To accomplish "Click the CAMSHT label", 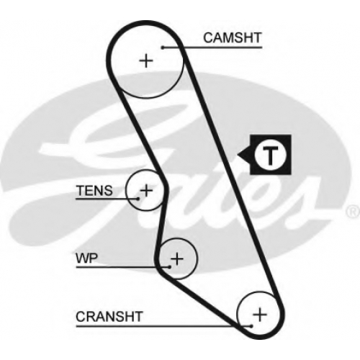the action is click(x=232, y=38).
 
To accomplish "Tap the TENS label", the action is click(x=94, y=191).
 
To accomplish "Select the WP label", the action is click(x=87, y=258).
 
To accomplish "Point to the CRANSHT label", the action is click(x=109, y=317).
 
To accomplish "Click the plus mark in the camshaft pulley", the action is click(x=146, y=60).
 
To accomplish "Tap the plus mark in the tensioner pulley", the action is click(x=146, y=190).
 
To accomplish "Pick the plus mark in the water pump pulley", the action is click(x=177, y=258).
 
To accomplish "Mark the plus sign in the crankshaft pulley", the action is click(x=260, y=315).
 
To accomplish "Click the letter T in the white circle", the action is click(x=271, y=155).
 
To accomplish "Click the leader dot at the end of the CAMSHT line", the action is click(x=163, y=48).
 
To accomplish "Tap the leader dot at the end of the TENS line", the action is click(x=138, y=199).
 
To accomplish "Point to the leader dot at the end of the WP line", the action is click(x=169, y=266).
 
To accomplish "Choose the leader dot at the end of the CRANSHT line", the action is click(x=251, y=326).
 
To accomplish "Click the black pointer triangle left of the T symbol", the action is click(x=244, y=155).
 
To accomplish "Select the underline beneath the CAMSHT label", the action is click(x=212, y=48).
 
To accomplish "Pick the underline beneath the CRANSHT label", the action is click(x=163, y=326).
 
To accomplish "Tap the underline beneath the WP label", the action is click(x=122, y=266).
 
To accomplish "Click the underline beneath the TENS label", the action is click(x=107, y=199).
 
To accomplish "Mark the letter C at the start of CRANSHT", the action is click(x=81, y=317).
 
